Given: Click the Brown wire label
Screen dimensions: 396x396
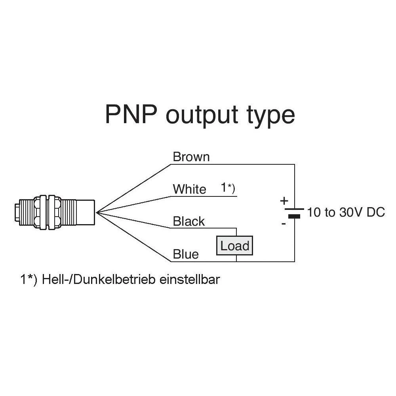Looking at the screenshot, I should (x=191, y=157).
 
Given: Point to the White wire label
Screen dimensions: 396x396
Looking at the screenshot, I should (x=189, y=189).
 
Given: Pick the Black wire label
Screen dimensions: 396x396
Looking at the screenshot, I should (x=189, y=221).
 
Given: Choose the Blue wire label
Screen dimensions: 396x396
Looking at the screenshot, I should (x=186, y=254).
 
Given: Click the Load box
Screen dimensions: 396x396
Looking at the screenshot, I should (x=234, y=246).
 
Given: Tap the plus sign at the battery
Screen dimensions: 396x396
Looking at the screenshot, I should (x=284, y=201).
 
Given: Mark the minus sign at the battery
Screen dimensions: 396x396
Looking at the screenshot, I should (x=284, y=224).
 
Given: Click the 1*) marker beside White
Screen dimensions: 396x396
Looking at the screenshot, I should (x=228, y=188).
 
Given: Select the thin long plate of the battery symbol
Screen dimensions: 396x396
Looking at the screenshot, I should (x=294, y=209).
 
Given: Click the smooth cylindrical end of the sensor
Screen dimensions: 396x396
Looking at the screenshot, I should (x=86, y=213).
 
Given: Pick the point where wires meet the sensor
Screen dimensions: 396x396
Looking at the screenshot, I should (x=97, y=213).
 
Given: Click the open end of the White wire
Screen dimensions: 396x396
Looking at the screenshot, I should (x=236, y=196).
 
